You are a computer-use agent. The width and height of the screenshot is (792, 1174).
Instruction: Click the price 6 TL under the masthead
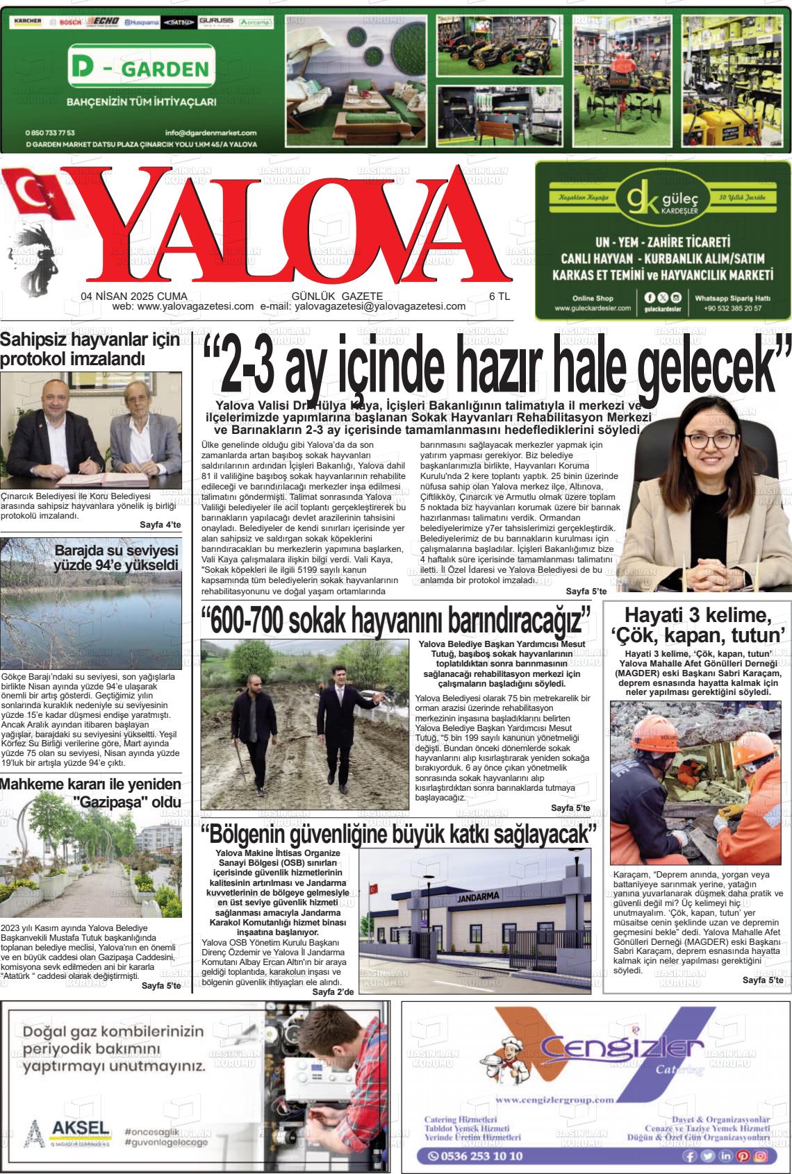(x=499, y=296)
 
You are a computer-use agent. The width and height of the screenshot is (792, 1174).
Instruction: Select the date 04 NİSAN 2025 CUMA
(x=129, y=296)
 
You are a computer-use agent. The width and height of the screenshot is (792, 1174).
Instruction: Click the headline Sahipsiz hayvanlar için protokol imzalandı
(x=90, y=349)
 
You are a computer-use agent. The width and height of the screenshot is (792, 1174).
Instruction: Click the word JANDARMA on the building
(x=479, y=896)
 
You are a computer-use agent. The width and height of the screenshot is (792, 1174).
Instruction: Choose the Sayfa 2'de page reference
(x=333, y=991)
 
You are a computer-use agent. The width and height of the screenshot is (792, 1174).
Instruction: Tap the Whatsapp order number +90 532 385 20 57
(x=732, y=308)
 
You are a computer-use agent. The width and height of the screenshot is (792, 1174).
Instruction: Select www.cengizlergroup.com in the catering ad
(x=555, y=1099)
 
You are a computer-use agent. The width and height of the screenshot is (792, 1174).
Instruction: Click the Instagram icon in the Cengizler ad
(x=761, y=1156)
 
